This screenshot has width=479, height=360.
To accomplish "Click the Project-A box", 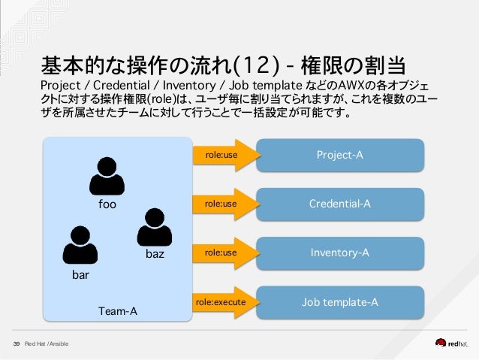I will point(340,155).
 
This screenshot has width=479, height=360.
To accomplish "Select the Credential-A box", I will point(340,204).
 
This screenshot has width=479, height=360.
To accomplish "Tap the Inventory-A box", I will point(340,253).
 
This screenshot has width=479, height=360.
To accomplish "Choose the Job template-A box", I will point(340,302).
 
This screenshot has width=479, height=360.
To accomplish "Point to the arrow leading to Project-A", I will point(224,155).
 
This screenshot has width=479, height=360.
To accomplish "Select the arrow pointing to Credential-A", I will point(224,204).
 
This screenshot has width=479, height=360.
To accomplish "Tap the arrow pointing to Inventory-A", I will point(224,253).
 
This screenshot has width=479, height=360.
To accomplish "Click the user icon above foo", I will point(109,176).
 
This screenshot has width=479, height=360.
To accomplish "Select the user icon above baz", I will point(155,226).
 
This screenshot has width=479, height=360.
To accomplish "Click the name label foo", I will point(109,204).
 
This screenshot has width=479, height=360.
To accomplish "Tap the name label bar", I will point(80,275).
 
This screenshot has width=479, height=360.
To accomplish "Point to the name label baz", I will point(155,254).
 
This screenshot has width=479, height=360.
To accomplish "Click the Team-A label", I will point(118,310).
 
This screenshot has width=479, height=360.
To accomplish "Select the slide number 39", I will point(16,344).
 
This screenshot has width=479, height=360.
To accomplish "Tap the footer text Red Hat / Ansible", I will point(46,344).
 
